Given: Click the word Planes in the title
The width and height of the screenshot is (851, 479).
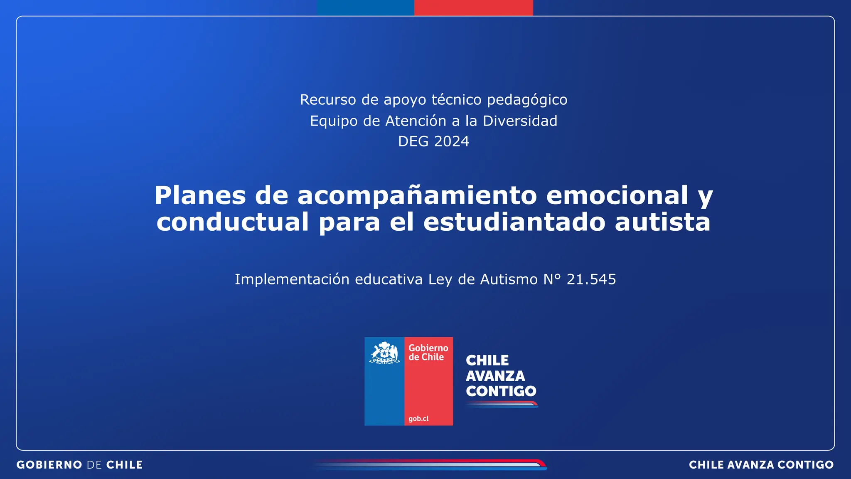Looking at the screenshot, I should (200, 195).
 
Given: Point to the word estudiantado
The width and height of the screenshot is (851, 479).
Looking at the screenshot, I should (514, 222).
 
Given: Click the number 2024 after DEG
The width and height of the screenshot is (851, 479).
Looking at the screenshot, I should (451, 142).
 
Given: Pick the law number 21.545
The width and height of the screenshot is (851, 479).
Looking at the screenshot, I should (591, 279).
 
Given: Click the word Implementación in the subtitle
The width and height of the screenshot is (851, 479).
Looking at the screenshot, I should (292, 279).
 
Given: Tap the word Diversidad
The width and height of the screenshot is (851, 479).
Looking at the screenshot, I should (520, 121).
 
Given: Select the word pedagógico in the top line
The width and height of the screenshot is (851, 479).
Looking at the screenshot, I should (527, 100).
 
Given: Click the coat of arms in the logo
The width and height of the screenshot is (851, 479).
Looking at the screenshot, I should (384, 353).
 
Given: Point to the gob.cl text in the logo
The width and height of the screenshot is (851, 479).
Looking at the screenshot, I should (418, 419).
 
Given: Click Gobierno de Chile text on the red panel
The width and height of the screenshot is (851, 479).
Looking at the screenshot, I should (428, 353).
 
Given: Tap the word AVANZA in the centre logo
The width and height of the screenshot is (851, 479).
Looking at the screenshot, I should (495, 376).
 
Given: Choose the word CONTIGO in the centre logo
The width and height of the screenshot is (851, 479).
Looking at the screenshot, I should (501, 391).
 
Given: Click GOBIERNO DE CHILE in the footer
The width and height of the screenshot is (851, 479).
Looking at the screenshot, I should (79, 465).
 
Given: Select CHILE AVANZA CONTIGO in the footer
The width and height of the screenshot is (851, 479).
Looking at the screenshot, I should (761, 465).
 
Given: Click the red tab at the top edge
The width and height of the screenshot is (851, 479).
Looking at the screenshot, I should (473, 7).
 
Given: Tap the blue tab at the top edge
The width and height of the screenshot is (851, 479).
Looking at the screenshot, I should (365, 7).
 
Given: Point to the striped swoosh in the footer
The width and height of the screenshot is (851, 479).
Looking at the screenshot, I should (430, 465).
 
